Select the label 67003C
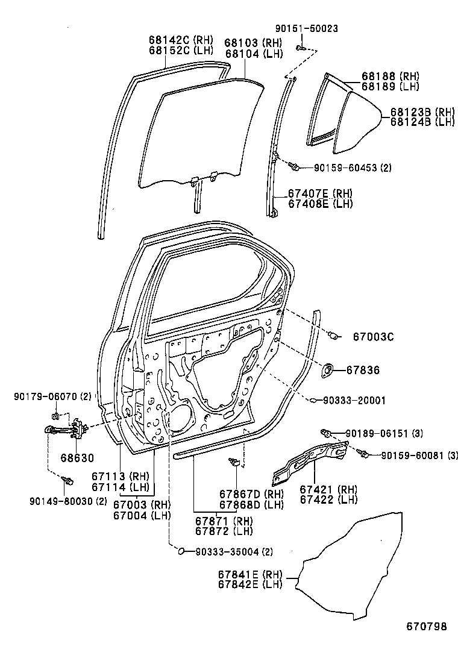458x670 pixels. click(373, 337)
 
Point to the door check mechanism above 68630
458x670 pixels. click(67, 430)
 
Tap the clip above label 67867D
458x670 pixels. click(236, 462)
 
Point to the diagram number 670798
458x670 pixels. click(425, 627)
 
